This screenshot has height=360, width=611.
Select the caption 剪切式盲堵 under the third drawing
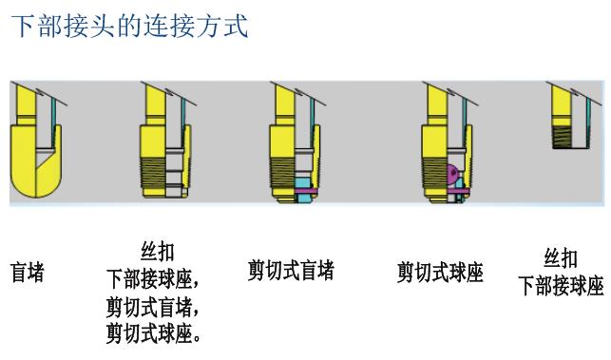pos(291,271)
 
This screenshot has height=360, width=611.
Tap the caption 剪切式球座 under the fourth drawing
pos(440,274)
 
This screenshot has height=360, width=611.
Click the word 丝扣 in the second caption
pos(158,254)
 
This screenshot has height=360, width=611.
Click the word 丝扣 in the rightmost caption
pos(561,259)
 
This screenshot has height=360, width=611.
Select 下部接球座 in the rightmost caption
pos(561,286)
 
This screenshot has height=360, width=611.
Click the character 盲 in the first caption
pos(18,274)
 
